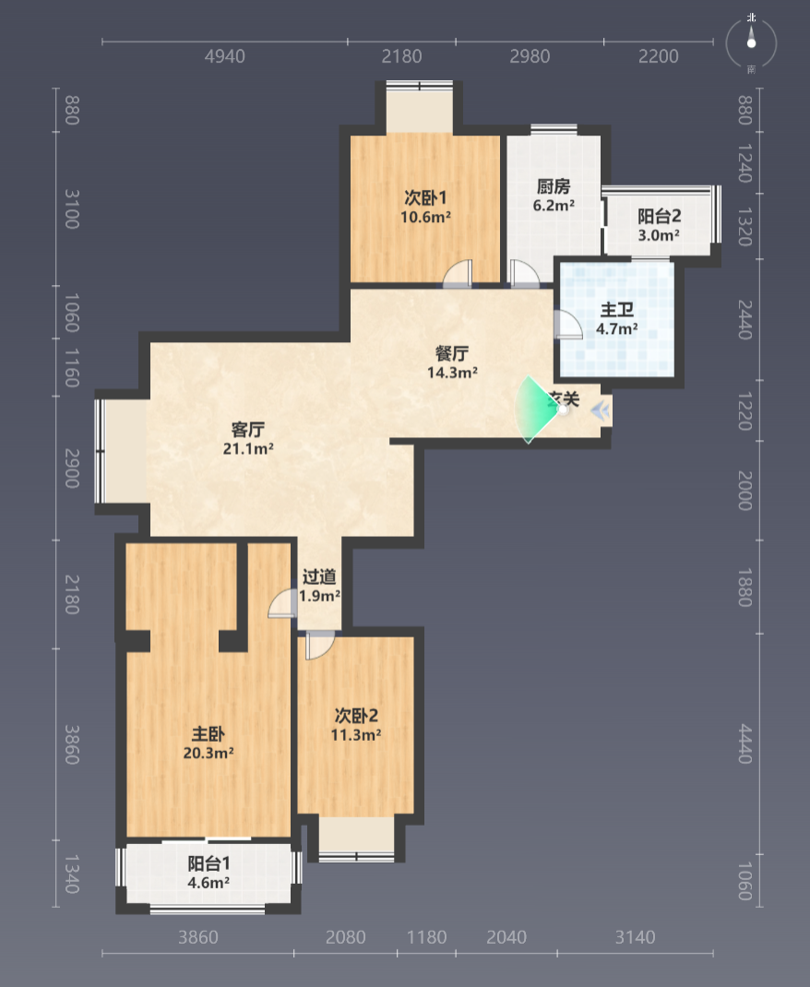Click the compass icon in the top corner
[x=751, y=42]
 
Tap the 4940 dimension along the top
[x=225, y=56]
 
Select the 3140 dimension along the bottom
[x=635, y=937]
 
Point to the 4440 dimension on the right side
[x=745, y=744]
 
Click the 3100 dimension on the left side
[x=72, y=209]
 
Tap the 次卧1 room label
[x=425, y=197]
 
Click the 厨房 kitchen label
[x=554, y=186]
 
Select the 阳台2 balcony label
[x=659, y=217]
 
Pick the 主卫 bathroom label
[x=617, y=310]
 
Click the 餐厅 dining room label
[x=452, y=353]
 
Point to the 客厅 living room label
[x=248, y=429]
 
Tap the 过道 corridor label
[x=319, y=577]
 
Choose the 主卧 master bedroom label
[x=208, y=734]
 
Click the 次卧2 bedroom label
[x=356, y=716]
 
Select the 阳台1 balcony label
[x=208, y=863]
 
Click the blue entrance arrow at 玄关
[x=601, y=411]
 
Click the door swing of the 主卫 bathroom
[x=567, y=325]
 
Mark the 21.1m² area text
[x=248, y=449]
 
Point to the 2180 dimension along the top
[x=401, y=56]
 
